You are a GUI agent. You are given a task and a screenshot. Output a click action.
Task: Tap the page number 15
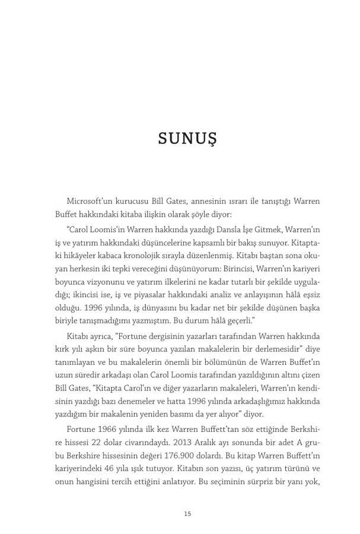click(187, 514)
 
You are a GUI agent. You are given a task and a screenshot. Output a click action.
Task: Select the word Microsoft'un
click(90, 201)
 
